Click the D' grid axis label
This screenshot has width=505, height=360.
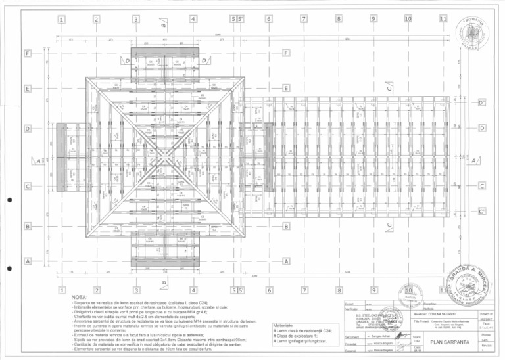click(x=482, y=103)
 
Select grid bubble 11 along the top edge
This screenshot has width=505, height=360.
click(x=443, y=19)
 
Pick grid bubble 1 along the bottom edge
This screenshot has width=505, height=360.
click(x=61, y=290)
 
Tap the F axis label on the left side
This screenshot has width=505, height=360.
click(x=28, y=52)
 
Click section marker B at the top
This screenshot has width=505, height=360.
click(x=162, y=25)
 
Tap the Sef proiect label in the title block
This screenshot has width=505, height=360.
click(x=351, y=336)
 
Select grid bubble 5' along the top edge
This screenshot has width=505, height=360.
click(x=241, y=20)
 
